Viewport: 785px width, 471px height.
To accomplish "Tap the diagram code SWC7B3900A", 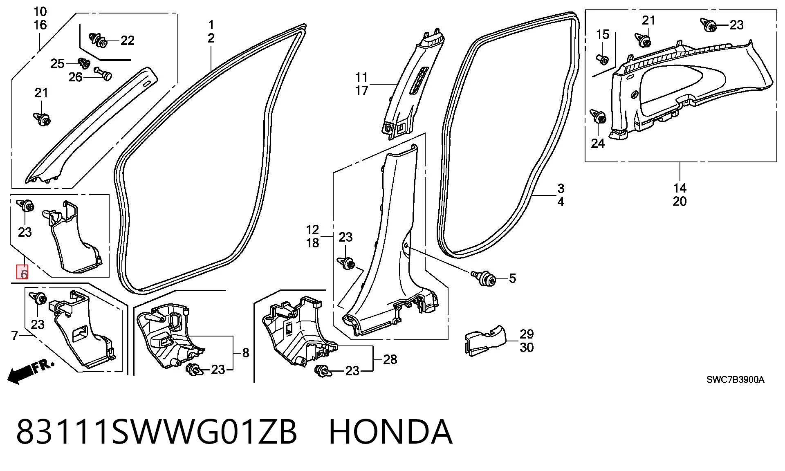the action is click(735, 379).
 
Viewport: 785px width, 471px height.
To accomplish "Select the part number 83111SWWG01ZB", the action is click(157, 432).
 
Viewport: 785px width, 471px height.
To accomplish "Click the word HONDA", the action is click(390, 432).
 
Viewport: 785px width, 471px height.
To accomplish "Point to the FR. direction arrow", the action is click(31, 371).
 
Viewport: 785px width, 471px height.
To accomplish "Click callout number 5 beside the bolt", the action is click(512, 278).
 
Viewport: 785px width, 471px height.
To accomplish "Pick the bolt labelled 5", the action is click(484, 278).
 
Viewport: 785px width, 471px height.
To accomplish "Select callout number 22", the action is click(128, 40).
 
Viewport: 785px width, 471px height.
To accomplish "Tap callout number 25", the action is click(57, 63).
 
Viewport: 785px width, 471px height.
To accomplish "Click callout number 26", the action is click(75, 77).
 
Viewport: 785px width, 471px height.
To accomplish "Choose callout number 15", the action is click(603, 34).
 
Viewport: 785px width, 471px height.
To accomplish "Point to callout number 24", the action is click(597, 144).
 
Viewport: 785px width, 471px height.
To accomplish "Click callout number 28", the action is click(390, 359).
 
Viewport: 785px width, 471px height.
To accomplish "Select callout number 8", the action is click(246, 353).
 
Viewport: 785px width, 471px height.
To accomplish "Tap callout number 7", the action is click(15, 336).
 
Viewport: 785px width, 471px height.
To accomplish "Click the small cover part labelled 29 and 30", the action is click(485, 341).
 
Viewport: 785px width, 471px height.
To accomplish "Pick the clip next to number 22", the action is click(98, 40).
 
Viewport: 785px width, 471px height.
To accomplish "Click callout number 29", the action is click(527, 334).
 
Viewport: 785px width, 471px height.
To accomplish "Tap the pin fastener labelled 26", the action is click(103, 73).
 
